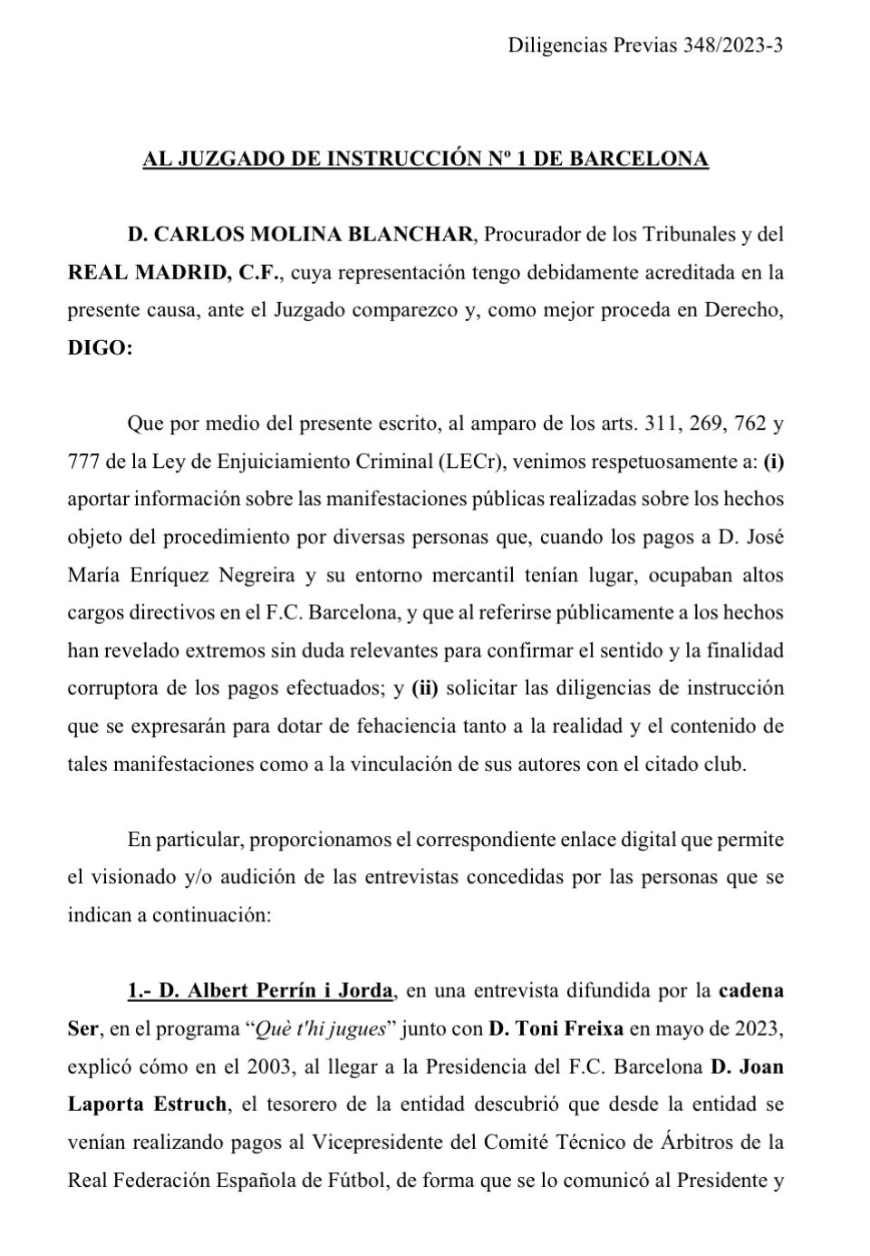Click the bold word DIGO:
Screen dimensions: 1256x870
coord(100,349)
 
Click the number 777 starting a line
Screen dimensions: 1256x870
coord(82,462)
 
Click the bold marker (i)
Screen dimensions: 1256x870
coord(773,462)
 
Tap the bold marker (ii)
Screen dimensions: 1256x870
coord(425,688)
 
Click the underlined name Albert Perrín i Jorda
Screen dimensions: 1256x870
coord(275,990)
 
